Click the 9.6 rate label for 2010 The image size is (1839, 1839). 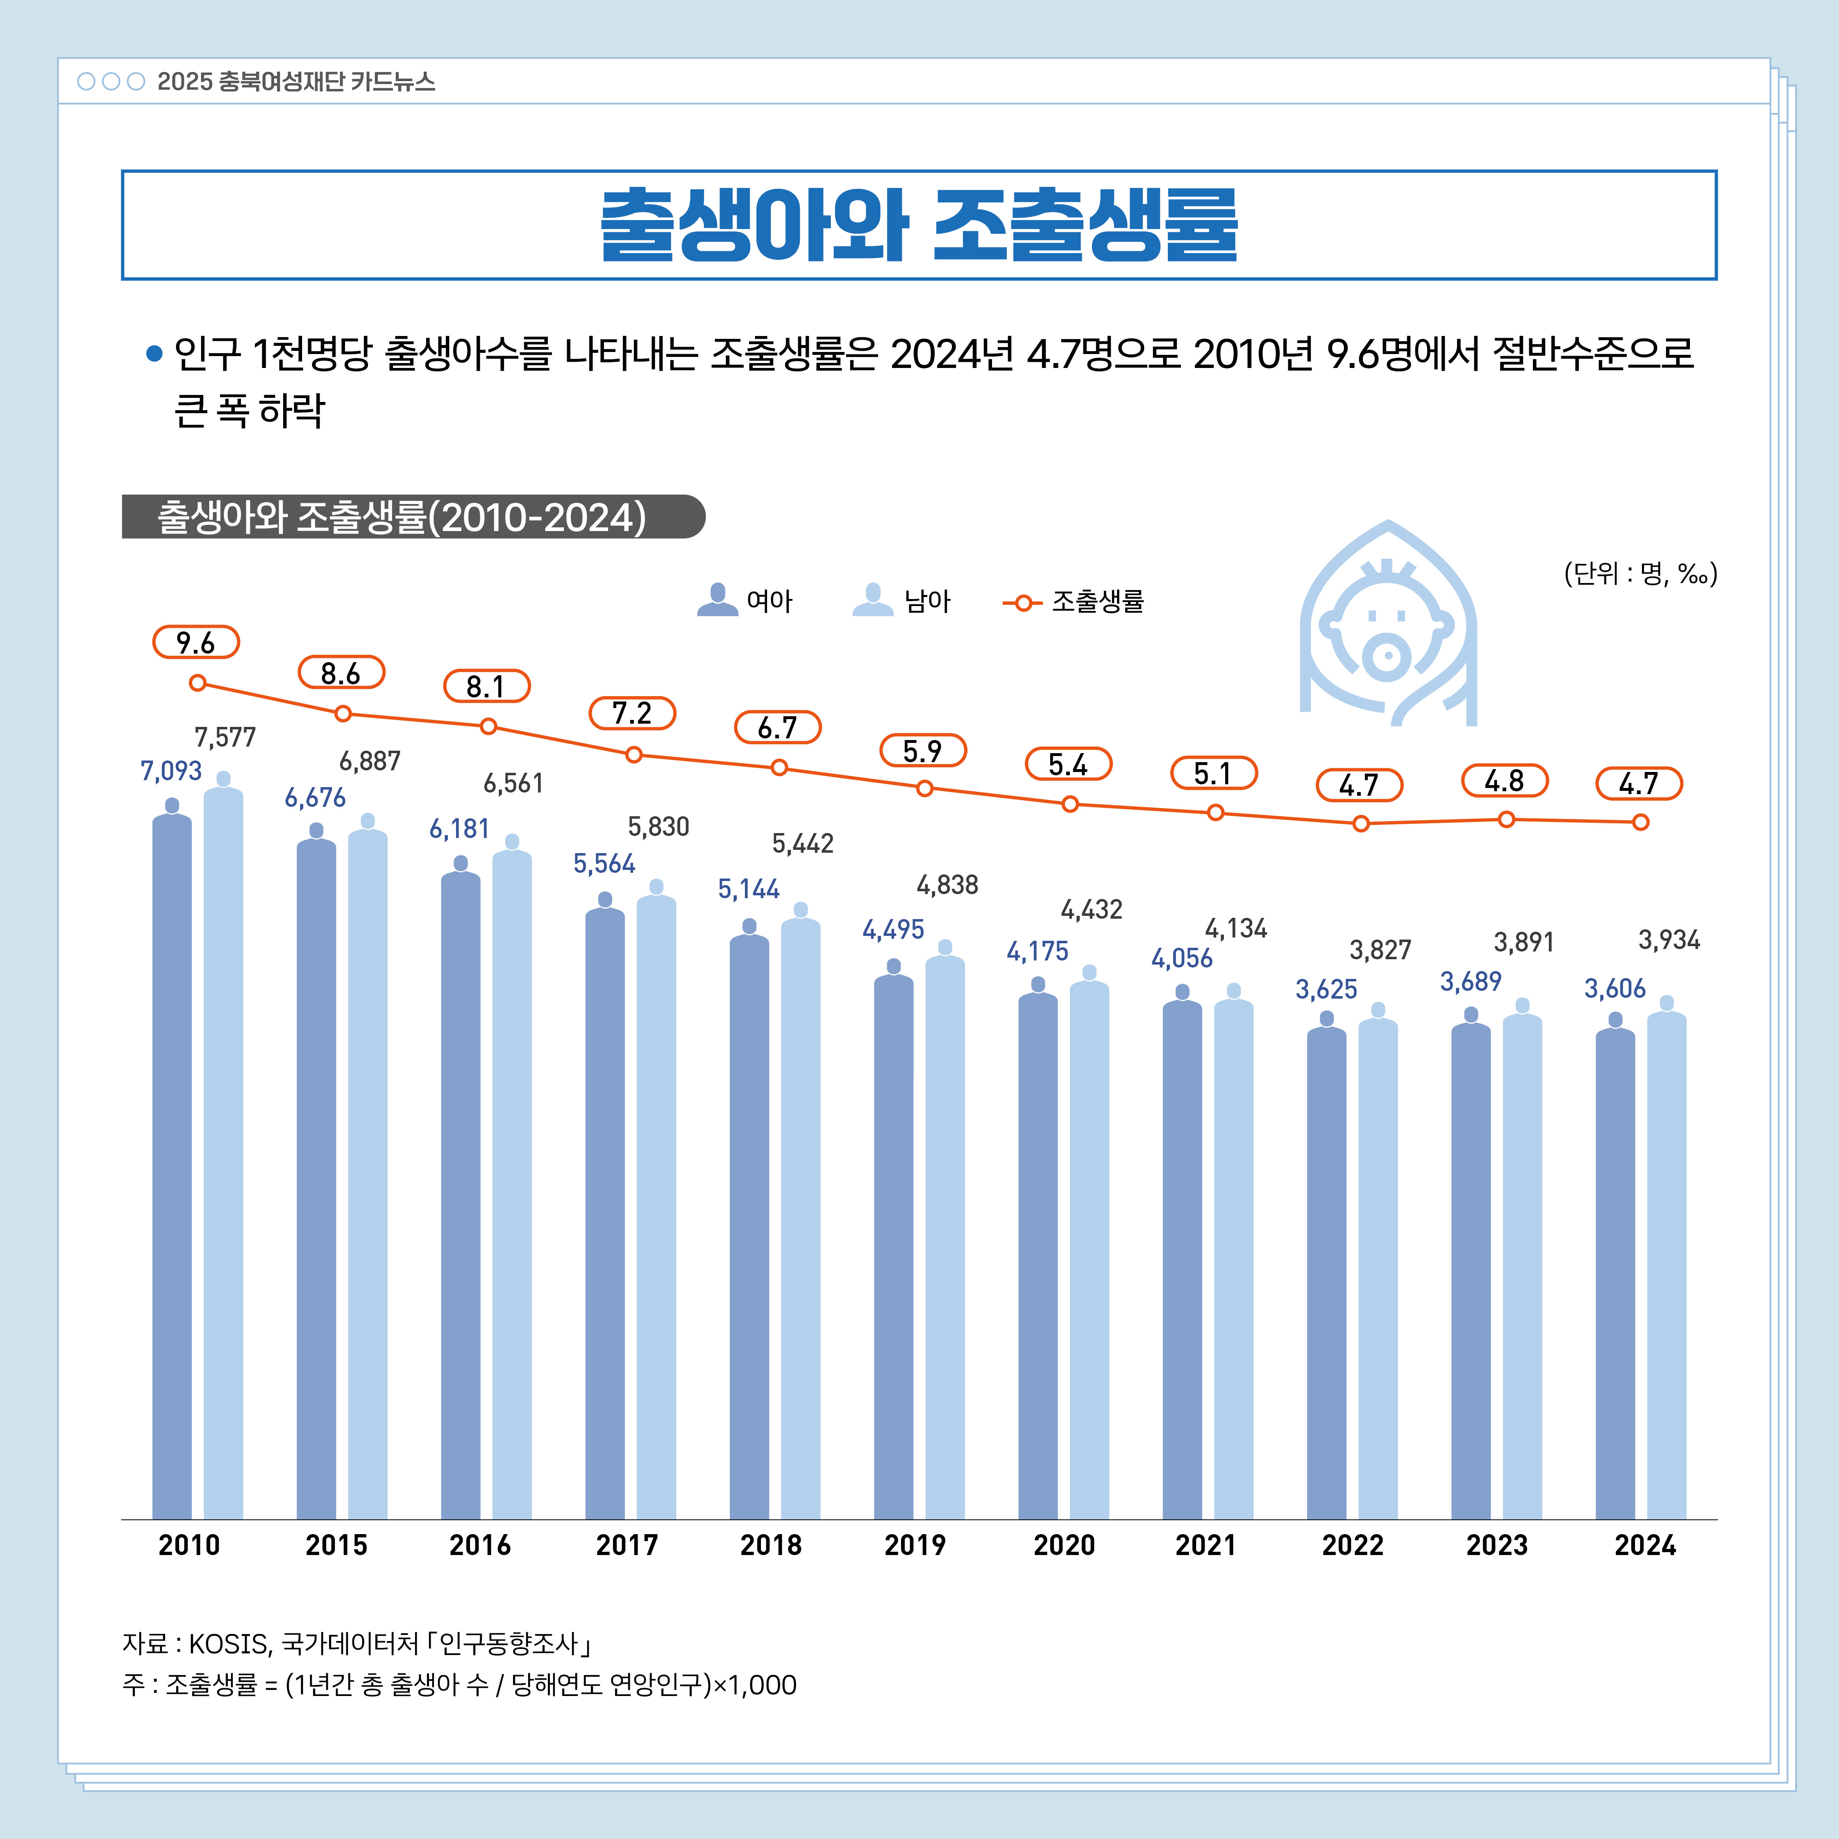pos(195,643)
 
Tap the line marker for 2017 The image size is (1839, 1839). pos(634,755)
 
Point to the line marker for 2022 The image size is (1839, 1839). pos(1361,823)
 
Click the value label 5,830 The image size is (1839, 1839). pos(659,826)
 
